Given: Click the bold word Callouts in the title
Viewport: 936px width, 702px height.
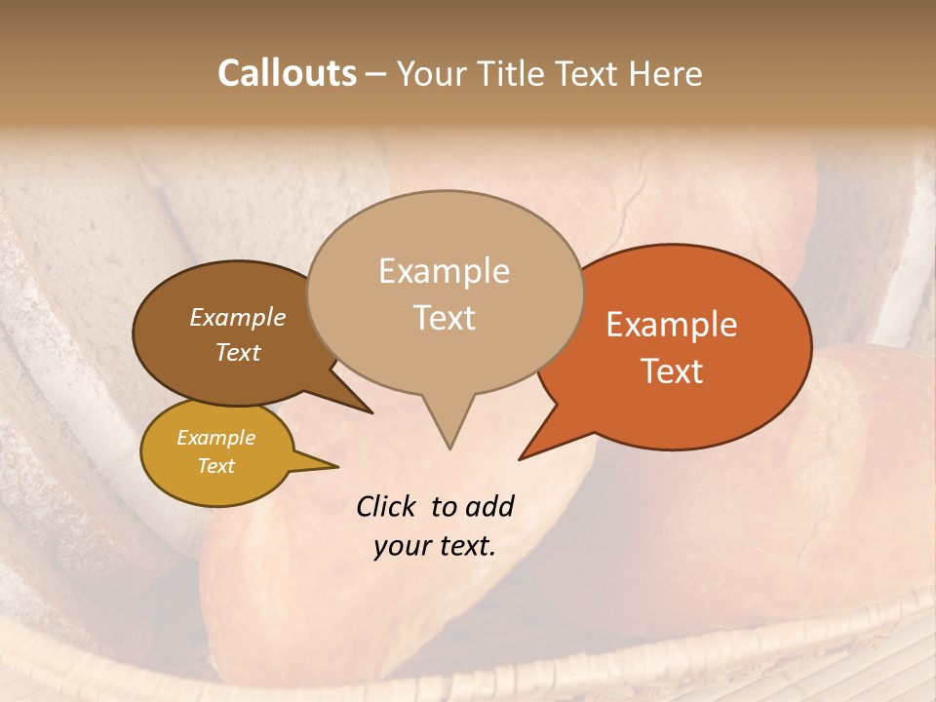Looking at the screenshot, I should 287,73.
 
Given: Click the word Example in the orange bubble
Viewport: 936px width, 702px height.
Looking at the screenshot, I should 672,325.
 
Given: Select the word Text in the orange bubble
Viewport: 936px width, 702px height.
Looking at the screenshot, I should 672,371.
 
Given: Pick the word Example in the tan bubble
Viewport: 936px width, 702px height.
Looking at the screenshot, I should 444,271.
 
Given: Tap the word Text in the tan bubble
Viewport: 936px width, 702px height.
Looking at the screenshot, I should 445,318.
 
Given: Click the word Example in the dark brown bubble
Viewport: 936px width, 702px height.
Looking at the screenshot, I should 237,317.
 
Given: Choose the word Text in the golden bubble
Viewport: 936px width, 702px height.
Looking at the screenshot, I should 215,466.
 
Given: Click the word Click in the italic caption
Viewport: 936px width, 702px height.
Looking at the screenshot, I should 386,506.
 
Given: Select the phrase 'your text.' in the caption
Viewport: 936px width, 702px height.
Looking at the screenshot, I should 435,546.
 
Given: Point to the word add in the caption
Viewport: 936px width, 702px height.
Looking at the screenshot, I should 489,506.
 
